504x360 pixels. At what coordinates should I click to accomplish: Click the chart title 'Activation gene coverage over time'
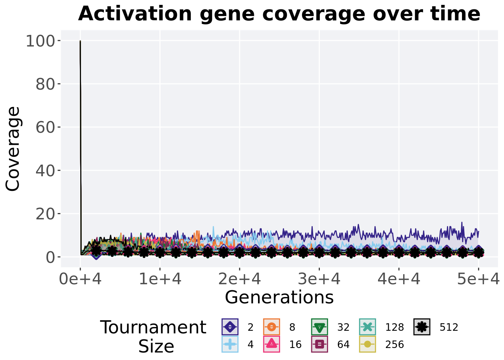pos(279,14)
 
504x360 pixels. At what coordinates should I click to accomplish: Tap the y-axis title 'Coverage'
pos(13,149)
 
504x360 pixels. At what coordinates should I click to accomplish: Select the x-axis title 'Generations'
pos(279,297)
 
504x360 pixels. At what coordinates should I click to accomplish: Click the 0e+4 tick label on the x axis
pos(80,279)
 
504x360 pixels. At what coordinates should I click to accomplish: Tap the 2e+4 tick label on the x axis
pos(240,279)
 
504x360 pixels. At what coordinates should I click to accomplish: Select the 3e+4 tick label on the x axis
pos(319,279)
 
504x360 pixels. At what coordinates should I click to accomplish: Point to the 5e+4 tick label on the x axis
pos(478,279)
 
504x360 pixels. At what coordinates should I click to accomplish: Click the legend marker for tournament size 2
pos(230,327)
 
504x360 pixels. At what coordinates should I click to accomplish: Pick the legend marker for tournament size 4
pos(230,344)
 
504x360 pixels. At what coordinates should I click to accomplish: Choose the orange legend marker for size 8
pos(271,327)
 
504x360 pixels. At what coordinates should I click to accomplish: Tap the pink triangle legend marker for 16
pos(271,344)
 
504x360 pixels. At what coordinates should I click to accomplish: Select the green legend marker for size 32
pos(319,327)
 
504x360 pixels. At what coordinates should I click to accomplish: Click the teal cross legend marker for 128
pos(367,327)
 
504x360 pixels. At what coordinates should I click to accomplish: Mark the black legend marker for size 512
pos(422,327)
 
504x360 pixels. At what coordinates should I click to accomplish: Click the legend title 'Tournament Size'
pos(153,336)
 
